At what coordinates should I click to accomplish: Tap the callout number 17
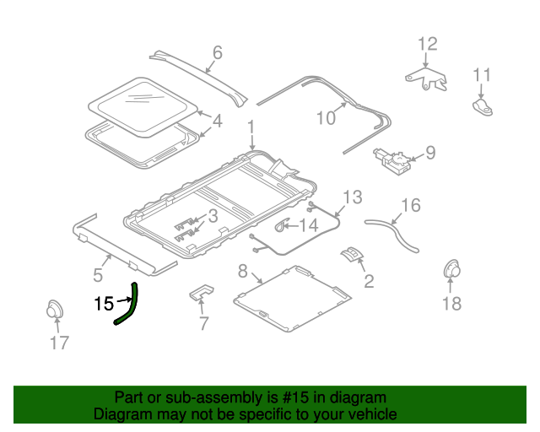pyautogui.click(x=58, y=343)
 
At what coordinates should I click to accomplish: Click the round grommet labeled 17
pyautogui.click(x=55, y=309)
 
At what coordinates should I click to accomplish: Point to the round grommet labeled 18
pyautogui.click(x=455, y=272)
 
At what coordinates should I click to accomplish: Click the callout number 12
pyautogui.click(x=428, y=44)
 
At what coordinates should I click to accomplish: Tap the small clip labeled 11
pyautogui.click(x=483, y=106)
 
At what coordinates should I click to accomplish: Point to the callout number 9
pyautogui.click(x=430, y=153)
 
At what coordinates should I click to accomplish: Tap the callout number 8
pyautogui.click(x=243, y=272)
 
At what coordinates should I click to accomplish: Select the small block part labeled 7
pyautogui.click(x=202, y=293)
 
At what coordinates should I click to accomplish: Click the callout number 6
pyautogui.click(x=217, y=54)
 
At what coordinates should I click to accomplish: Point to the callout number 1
pyautogui.click(x=251, y=127)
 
